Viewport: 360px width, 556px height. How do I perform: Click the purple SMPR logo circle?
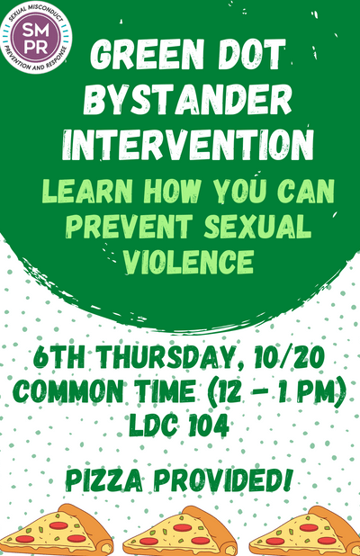click(x=36, y=37)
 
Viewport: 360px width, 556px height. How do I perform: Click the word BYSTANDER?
click(x=188, y=101)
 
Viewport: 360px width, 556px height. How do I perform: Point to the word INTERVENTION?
click(x=188, y=146)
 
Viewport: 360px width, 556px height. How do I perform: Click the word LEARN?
click(x=87, y=192)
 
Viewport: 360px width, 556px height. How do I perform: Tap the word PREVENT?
click(x=130, y=226)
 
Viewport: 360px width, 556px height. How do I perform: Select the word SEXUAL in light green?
click(x=257, y=226)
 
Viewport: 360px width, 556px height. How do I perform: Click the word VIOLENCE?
click(x=188, y=261)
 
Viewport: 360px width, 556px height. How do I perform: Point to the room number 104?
click(x=208, y=425)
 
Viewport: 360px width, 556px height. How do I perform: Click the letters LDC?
click(x=153, y=425)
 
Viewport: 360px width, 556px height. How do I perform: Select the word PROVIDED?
click(x=224, y=480)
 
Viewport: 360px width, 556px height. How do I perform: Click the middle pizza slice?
click(x=181, y=531)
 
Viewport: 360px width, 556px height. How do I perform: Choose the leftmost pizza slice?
click(x=58, y=530)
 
